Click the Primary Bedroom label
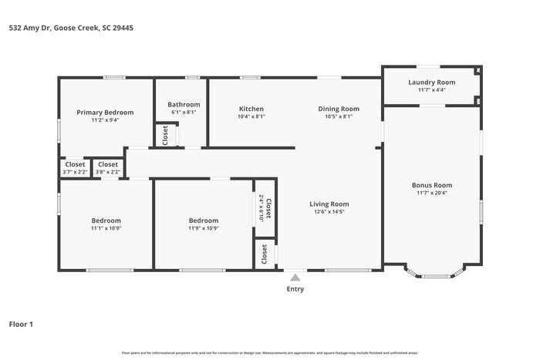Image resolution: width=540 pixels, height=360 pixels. [x=105, y=113]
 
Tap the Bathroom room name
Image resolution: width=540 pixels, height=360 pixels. [x=184, y=105]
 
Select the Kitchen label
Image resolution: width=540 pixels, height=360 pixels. [x=251, y=109]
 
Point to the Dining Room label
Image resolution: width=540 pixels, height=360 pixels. [x=339, y=109]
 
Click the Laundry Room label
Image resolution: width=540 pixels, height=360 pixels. [x=431, y=82]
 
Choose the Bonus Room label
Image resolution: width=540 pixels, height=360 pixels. [x=431, y=185]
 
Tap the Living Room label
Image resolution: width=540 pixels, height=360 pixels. [x=329, y=204]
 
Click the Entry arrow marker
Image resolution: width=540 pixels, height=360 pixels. [x=295, y=278]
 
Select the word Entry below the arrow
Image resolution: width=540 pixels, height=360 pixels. [x=295, y=289]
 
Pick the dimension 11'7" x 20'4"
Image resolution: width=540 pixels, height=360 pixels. [x=431, y=193]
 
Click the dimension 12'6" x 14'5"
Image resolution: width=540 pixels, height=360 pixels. [x=329, y=212]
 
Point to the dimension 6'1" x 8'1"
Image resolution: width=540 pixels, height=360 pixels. [x=184, y=113]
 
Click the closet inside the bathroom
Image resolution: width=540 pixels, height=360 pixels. [x=165, y=135]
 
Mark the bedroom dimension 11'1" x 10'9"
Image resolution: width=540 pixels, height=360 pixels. [x=106, y=228]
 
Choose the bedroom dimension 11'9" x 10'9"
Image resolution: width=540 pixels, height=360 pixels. [x=204, y=228]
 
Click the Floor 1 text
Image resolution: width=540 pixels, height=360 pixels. [x=21, y=325]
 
